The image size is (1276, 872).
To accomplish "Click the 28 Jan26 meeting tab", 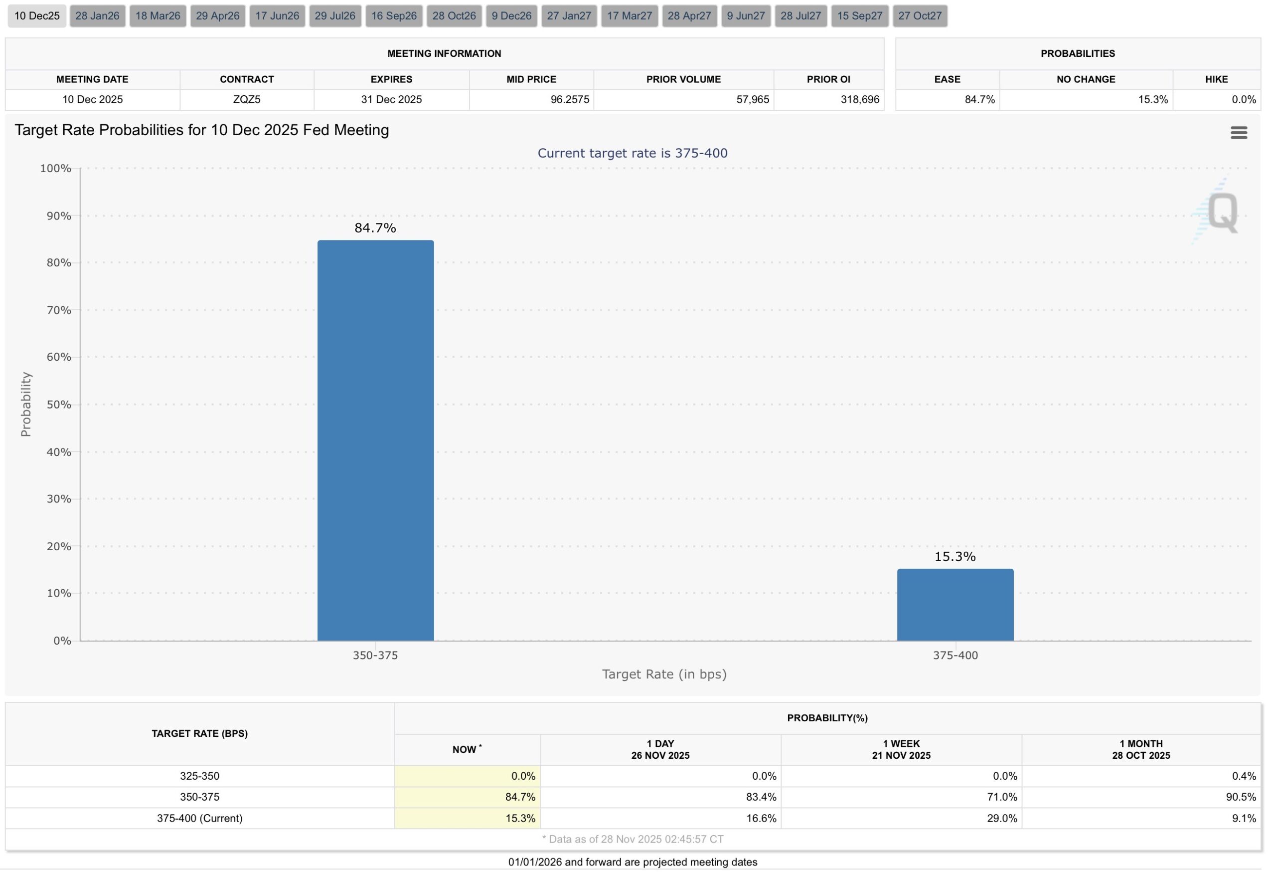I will coord(97,16).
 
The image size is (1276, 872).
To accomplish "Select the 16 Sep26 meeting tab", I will coord(394,16).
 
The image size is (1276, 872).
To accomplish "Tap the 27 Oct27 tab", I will coord(920,16).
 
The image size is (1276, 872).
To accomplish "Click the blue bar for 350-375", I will coord(375,439).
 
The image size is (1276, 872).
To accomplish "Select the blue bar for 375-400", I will coord(956,605).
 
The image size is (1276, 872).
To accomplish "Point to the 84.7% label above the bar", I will coord(375,228).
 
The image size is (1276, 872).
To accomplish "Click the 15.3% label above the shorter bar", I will coord(956,557).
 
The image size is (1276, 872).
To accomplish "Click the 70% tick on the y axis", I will coord(59,310).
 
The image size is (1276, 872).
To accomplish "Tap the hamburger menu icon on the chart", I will coord(1239,132).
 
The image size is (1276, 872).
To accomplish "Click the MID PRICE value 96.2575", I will coord(569,99).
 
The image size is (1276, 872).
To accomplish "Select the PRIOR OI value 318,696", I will coord(859,99).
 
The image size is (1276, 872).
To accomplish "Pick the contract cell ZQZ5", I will coord(247,99).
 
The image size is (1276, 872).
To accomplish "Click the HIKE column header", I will coord(1216,79).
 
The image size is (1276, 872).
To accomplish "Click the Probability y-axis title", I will coord(26,404).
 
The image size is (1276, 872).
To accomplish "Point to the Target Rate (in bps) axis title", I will coord(664,674).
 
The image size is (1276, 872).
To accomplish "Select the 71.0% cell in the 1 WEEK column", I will coord(1001,797).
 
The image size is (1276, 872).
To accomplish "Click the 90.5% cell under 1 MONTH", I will coord(1240,797).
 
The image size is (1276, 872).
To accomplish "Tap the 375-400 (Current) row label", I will coord(199,818).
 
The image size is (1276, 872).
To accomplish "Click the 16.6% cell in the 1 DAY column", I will coord(761,818).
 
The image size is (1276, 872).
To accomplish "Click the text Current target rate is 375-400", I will coord(632,153).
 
